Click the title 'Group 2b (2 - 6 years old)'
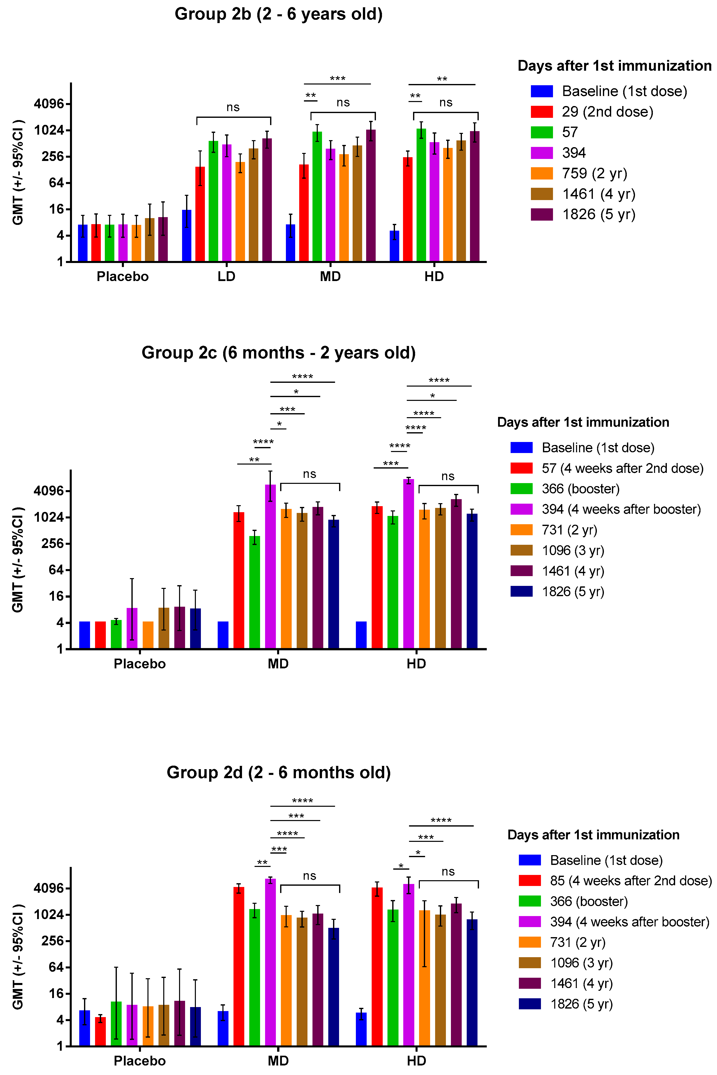click(278, 14)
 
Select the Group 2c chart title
click(278, 353)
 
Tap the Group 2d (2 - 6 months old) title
click(278, 772)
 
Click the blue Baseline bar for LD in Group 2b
click(187, 236)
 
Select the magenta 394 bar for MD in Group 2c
click(270, 567)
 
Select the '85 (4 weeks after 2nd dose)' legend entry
click(630, 881)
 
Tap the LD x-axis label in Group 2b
click(226, 277)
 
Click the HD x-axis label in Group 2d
click(416, 1060)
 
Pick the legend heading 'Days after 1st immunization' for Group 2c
click(583, 422)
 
